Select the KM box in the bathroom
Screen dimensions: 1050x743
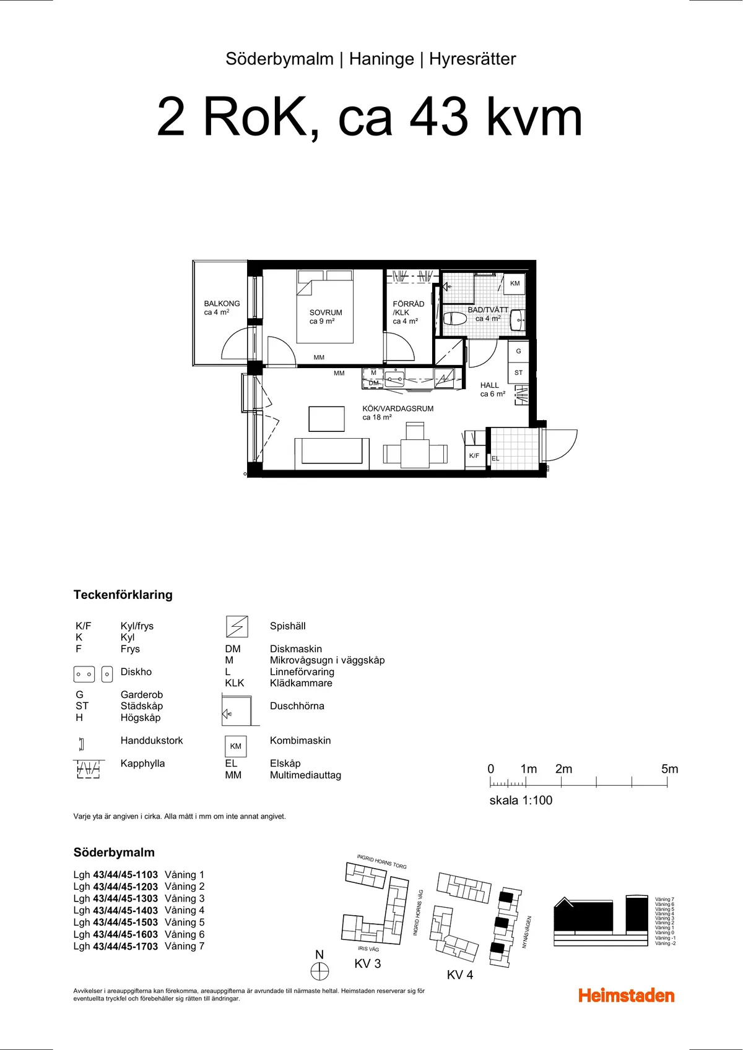pyautogui.click(x=515, y=283)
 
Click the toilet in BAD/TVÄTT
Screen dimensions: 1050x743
pyautogui.click(x=455, y=319)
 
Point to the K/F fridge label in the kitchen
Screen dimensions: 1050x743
pyautogui.click(x=474, y=455)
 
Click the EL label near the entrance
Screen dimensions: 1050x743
pyautogui.click(x=495, y=458)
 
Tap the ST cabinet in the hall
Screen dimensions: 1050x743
pyautogui.click(x=518, y=372)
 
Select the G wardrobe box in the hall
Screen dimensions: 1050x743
pyautogui.click(x=518, y=351)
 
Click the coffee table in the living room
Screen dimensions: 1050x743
pyautogui.click(x=326, y=419)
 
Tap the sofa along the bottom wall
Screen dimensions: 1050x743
pyautogui.click(x=331, y=452)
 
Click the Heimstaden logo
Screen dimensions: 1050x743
pyautogui.click(x=626, y=995)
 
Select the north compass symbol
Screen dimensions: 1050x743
pyautogui.click(x=319, y=971)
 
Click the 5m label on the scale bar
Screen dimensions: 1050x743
pyautogui.click(x=669, y=769)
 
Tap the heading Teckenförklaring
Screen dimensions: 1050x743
pyautogui.click(x=123, y=595)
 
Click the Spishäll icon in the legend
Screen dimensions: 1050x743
pyautogui.click(x=237, y=627)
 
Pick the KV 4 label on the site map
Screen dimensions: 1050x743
pyautogui.click(x=460, y=975)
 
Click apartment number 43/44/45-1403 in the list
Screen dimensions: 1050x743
pyautogui.click(x=125, y=910)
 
